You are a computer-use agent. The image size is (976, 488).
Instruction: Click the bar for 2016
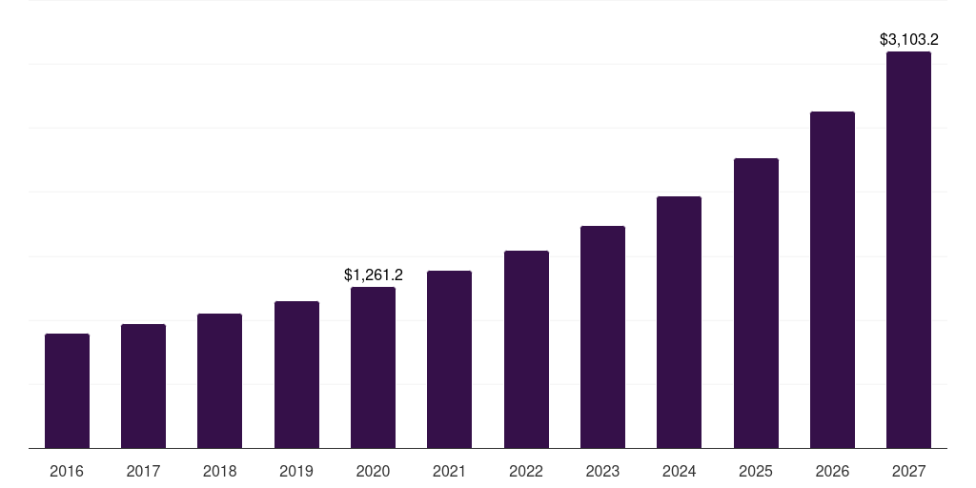pyautogui.click(x=67, y=391)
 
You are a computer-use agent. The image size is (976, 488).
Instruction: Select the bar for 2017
pyautogui.click(x=143, y=386)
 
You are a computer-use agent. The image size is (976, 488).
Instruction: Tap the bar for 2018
pyautogui.click(x=219, y=381)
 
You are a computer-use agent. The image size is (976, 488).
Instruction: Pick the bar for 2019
pyautogui.click(x=296, y=375)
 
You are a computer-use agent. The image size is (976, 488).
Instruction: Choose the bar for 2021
pyautogui.click(x=449, y=359)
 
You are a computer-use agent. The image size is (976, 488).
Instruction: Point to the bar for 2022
pyautogui.click(x=526, y=349)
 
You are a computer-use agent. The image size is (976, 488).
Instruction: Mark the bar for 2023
pyautogui.click(x=602, y=336)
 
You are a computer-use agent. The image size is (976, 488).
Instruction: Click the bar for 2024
pyautogui.click(x=679, y=322)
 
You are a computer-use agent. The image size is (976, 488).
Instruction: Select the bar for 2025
pyautogui.click(x=756, y=303)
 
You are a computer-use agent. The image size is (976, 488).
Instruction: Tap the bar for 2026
pyautogui.click(x=832, y=279)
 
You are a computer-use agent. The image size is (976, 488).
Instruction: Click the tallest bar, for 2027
pyautogui.click(x=908, y=250)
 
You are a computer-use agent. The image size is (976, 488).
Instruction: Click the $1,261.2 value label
pyautogui.click(x=374, y=275)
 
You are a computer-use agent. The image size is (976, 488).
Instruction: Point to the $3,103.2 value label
pyautogui.click(x=908, y=40)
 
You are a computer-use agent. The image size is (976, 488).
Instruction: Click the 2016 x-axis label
pyautogui.click(x=67, y=472)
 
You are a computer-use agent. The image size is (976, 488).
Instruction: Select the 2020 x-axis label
pyautogui.click(x=373, y=472)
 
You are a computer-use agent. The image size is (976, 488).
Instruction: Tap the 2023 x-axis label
pyautogui.click(x=602, y=472)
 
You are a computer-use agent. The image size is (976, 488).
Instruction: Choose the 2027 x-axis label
pyautogui.click(x=908, y=472)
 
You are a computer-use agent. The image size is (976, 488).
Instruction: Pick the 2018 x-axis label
pyautogui.click(x=219, y=472)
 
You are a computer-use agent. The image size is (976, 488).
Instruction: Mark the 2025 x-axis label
pyautogui.click(x=756, y=472)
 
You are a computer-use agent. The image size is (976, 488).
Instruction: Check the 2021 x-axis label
pyautogui.click(x=449, y=472)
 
